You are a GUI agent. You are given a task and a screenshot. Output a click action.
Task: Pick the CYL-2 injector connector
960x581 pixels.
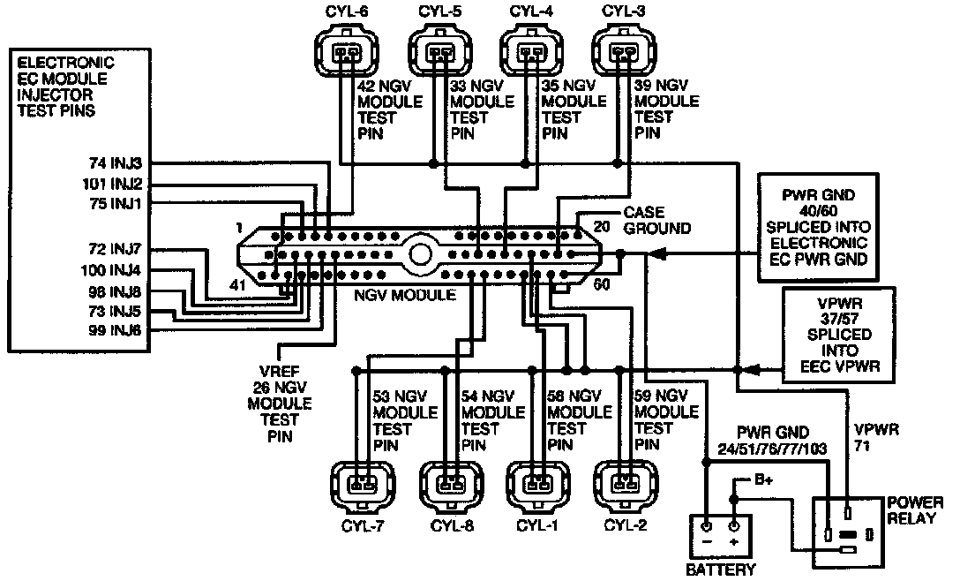[626, 485]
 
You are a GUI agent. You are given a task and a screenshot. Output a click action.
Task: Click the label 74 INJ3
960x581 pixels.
[116, 163]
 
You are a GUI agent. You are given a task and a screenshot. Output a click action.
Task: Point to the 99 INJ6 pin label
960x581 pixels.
[115, 330]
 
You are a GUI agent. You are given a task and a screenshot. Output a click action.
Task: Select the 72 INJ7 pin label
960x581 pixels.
[115, 249]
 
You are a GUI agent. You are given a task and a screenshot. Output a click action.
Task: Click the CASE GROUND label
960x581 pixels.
[657, 221]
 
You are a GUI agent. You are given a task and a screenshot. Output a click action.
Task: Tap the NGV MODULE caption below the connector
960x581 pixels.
[405, 296]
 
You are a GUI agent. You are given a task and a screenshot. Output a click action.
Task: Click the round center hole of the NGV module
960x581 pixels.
[421, 253]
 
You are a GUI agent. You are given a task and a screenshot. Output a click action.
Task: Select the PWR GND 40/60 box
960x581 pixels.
[818, 228]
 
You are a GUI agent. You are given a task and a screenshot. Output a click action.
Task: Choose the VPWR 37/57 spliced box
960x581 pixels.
[839, 336]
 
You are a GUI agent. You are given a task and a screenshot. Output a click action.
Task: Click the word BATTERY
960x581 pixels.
[721, 570]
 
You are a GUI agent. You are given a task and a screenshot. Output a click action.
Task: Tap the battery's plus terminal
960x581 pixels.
[734, 526]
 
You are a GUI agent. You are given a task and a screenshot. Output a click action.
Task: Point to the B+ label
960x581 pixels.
[763, 479]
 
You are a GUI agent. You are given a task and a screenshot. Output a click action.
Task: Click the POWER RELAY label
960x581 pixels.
[915, 510]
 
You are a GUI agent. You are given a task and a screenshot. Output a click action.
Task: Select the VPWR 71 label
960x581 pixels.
[876, 438]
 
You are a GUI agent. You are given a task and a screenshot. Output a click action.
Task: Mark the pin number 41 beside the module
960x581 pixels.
[237, 285]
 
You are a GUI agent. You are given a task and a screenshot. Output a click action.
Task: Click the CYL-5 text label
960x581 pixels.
[440, 11]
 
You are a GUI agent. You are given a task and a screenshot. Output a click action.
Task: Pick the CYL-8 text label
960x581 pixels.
[453, 526]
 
